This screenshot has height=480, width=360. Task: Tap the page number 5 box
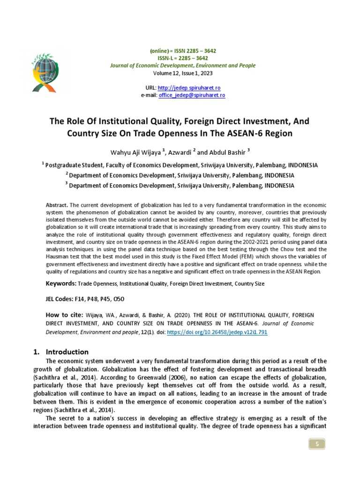(x=316, y=444)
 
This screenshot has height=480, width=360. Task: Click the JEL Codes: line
(x=84, y=299)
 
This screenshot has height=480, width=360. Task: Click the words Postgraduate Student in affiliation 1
(x=75, y=165)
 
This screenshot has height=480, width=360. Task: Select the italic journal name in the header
(x=183, y=66)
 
